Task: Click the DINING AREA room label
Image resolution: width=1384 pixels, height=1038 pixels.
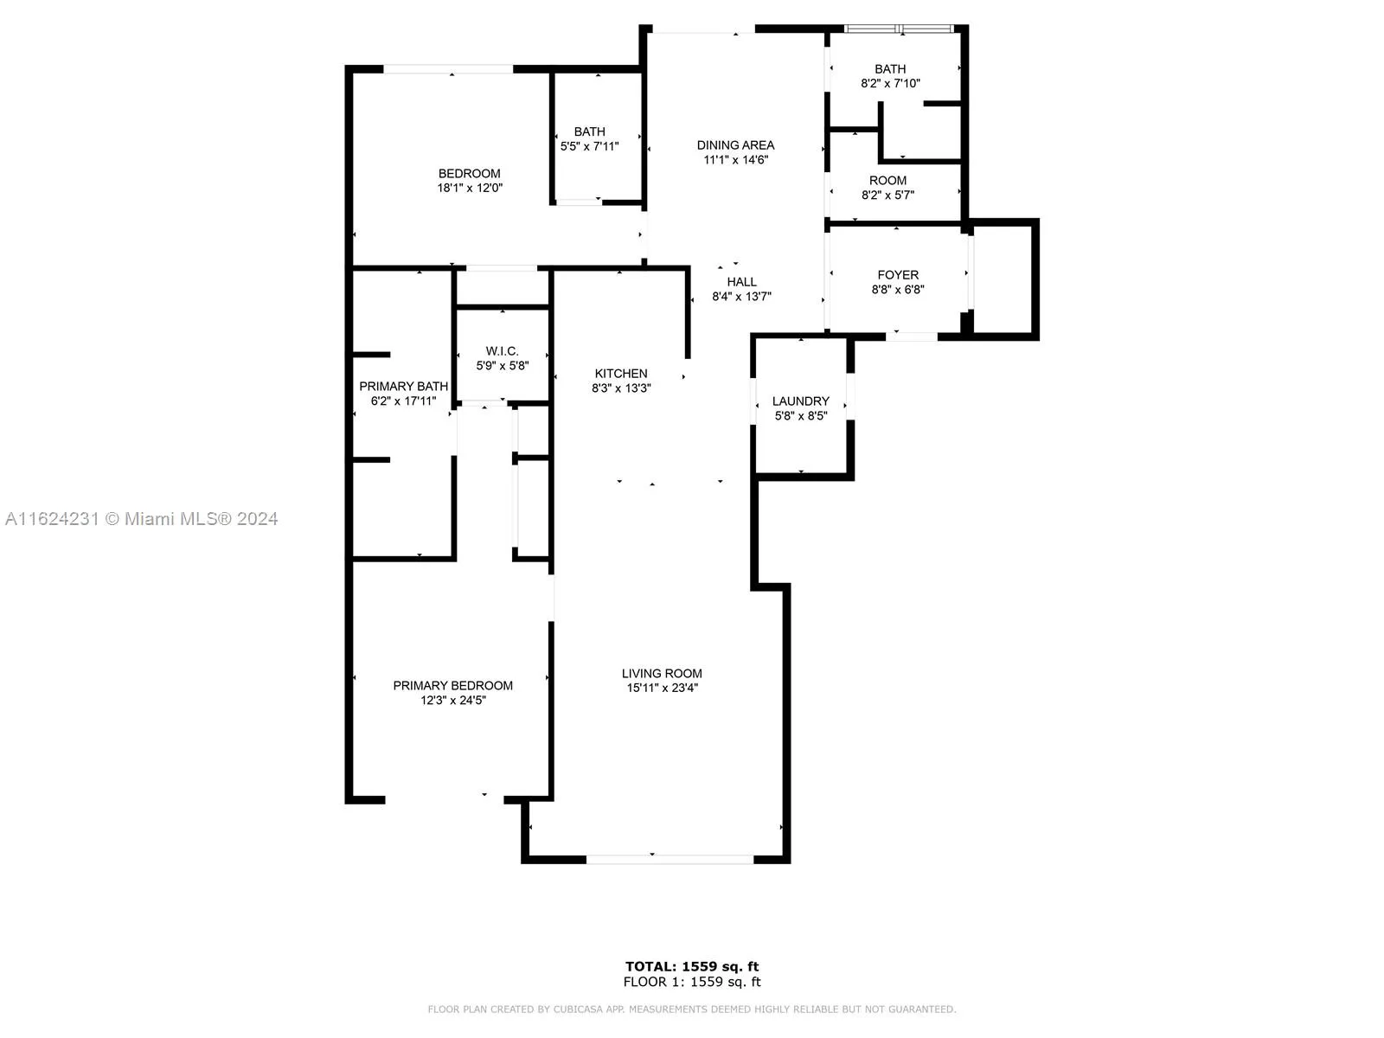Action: pyautogui.click(x=735, y=145)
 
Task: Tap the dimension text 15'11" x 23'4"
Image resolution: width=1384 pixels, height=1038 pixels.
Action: pyautogui.click(x=662, y=688)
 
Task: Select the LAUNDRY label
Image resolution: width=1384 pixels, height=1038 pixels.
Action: pyautogui.click(x=801, y=400)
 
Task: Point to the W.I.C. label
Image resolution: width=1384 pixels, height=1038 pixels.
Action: pyautogui.click(x=502, y=351)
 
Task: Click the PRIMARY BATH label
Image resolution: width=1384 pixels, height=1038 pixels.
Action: pyautogui.click(x=404, y=387)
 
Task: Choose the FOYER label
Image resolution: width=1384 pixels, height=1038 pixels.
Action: pyautogui.click(x=898, y=275)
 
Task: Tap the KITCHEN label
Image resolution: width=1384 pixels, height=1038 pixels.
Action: pyautogui.click(x=621, y=373)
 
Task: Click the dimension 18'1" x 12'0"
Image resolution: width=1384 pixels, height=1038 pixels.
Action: pyautogui.click(x=470, y=188)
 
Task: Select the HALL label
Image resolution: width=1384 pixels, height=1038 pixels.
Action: pyautogui.click(x=741, y=282)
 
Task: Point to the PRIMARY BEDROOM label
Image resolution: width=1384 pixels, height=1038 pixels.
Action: pyautogui.click(x=452, y=686)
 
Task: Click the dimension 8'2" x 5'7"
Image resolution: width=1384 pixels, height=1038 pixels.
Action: pyautogui.click(x=887, y=195)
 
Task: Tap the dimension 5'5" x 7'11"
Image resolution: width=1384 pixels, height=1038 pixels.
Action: pyautogui.click(x=590, y=146)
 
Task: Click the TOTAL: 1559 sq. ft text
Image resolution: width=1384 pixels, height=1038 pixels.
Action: pyautogui.click(x=692, y=966)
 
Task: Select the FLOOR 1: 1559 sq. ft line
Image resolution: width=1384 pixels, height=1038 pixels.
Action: pyautogui.click(x=692, y=982)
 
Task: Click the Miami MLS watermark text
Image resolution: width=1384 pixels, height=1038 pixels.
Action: pyautogui.click(x=141, y=519)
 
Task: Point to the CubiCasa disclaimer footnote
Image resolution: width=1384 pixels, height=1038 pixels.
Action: pyautogui.click(x=692, y=1009)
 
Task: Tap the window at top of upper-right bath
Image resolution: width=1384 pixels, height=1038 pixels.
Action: pyautogui.click(x=899, y=29)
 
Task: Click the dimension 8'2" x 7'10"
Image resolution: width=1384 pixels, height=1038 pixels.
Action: pyautogui.click(x=890, y=83)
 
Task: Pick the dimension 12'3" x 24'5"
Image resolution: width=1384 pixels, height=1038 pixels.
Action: pyautogui.click(x=452, y=700)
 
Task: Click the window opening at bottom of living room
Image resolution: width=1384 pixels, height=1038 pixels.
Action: pyautogui.click(x=670, y=859)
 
